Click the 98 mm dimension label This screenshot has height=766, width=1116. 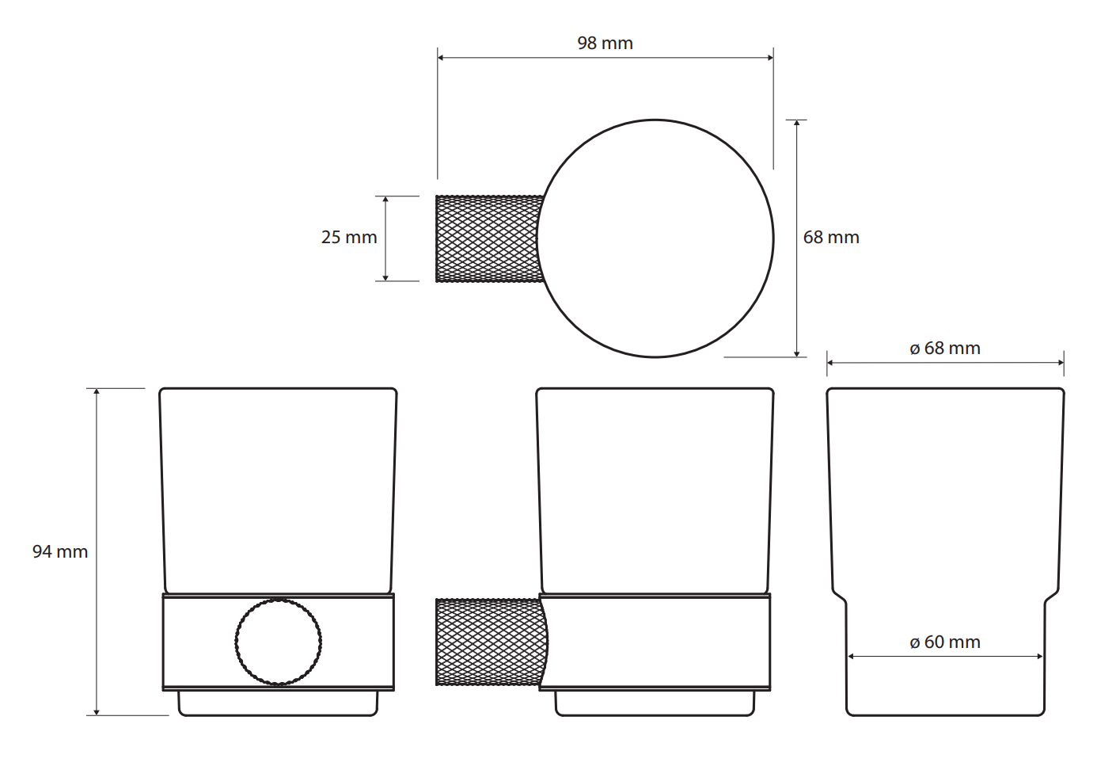(x=605, y=44)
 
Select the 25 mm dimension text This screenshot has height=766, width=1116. (x=349, y=238)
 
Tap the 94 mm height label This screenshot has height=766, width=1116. (x=60, y=551)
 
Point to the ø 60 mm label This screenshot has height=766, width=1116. (x=945, y=642)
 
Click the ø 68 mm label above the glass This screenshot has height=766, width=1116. (x=945, y=348)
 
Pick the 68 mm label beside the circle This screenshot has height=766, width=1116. (x=831, y=238)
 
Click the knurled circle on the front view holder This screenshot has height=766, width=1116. (x=278, y=642)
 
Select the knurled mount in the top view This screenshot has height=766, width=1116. (x=489, y=239)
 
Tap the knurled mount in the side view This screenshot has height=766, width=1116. (x=492, y=642)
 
